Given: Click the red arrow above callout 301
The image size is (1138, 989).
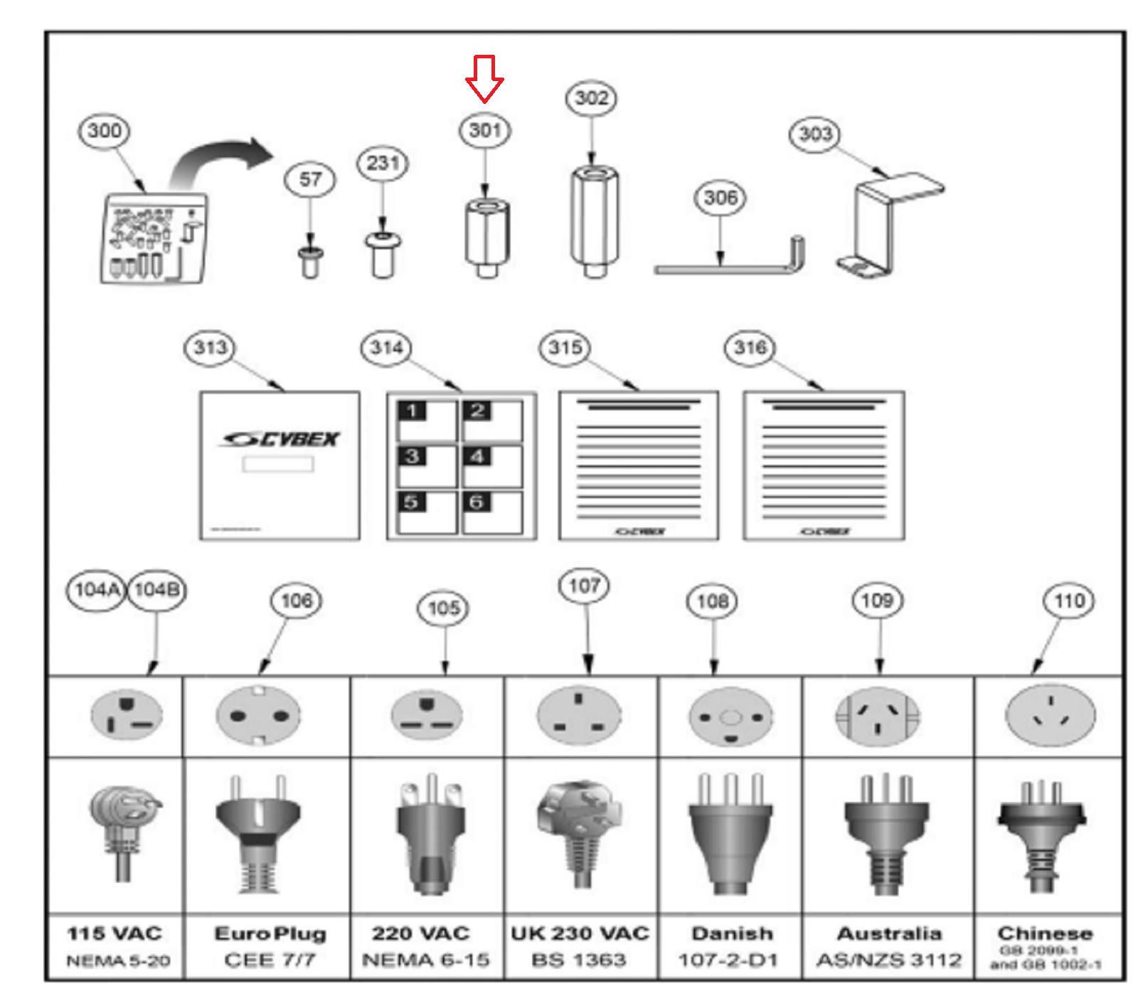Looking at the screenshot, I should pyautogui.click(x=484, y=78).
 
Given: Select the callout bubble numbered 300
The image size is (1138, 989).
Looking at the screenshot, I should pyautogui.click(x=105, y=131).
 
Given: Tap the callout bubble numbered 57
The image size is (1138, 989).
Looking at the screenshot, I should pyautogui.click(x=310, y=179).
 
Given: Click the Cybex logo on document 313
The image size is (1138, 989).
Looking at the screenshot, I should pyautogui.click(x=280, y=439).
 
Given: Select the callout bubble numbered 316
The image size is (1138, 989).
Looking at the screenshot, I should pyautogui.click(x=750, y=347).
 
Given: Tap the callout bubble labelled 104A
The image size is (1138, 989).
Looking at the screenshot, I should pyautogui.click(x=96, y=590).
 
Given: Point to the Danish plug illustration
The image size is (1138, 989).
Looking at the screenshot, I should pyautogui.click(x=730, y=832).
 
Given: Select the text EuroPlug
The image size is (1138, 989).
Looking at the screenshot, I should pyautogui.click(x=270, y=933).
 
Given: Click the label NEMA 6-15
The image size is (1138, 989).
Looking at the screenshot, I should pyautogui.click(x=426, y=960).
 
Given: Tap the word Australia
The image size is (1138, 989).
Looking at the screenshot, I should pyautogui.click(x=889, y=933).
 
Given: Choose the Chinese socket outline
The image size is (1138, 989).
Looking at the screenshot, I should pyautogui.click(x=1050, y=714).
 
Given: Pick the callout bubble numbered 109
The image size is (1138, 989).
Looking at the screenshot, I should pyautogui.click(x=878, y=601).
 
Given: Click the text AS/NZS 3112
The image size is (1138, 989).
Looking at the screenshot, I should pyautogui.click(x=889, y=960).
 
